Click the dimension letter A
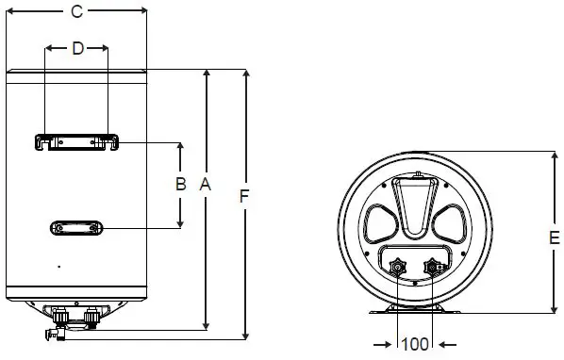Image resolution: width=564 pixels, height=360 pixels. [x=205, y=187]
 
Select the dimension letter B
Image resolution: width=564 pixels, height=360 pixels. [x=180, y=185]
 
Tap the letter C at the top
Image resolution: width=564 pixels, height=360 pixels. [x=77, y=12]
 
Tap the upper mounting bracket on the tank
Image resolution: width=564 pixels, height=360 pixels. [x=77, y=142]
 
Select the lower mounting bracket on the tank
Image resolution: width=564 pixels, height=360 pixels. [x=77, y=228]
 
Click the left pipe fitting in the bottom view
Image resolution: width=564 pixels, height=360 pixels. [x=398, y=268]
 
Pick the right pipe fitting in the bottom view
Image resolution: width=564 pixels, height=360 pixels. [x=434, y=268]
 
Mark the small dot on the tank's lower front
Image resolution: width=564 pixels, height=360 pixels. [x=58, y=267]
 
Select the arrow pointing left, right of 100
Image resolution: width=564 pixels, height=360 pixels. [x=446, y=343]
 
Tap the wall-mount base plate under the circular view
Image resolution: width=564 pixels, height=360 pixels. [x=415, y=311]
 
